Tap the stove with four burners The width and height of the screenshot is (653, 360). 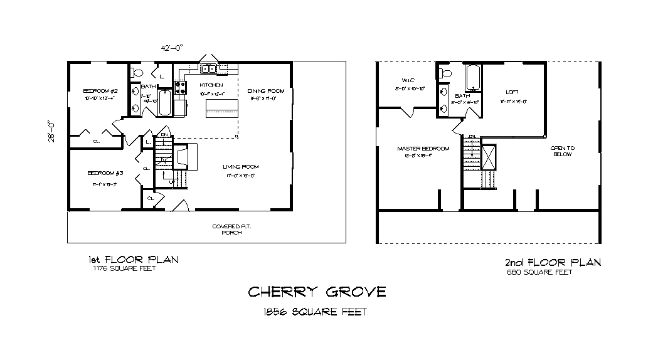[x=180, y=89]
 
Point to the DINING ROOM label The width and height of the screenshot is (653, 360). [x=263, y=90]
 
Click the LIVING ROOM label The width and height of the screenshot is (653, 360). [x=240, y=167]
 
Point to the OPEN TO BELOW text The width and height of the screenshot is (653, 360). [x=562, y=151]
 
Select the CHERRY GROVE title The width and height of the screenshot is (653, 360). [x=317, y=292]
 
